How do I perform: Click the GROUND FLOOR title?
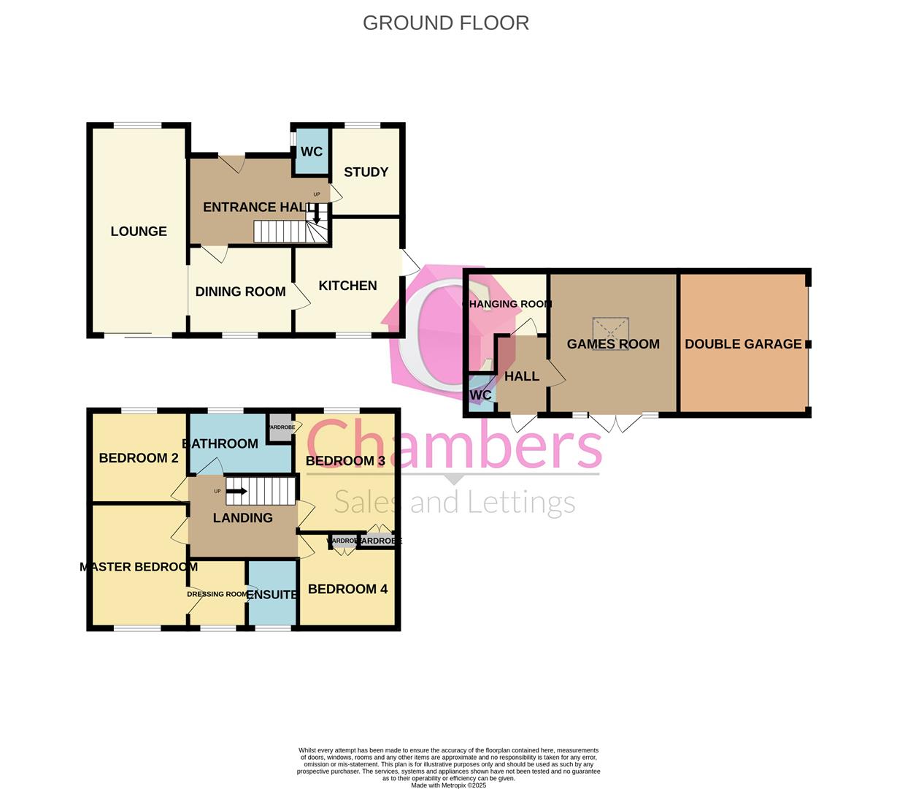pos(445,23)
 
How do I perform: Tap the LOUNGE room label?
pos(139,232)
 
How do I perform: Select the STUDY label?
pos(366,172)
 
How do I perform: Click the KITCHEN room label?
pos(347,286)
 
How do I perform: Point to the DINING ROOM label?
pos(240,291)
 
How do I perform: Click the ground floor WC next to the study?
pos(312,152)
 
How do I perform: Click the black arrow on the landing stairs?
pos(236,492)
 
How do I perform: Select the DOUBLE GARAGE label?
pos(743,344)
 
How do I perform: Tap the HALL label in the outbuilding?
pos(522,376)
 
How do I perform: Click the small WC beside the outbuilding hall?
pos(481,395)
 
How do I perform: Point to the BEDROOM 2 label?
pos(139,459)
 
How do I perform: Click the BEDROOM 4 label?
pos(347,590)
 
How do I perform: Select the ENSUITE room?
pos(272,595)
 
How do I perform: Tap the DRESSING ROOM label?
pos(217,594)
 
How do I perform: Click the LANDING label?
pos(242,518)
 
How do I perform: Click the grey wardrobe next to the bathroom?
pos(280,428)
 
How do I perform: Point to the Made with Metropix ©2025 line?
pos(448,785)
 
